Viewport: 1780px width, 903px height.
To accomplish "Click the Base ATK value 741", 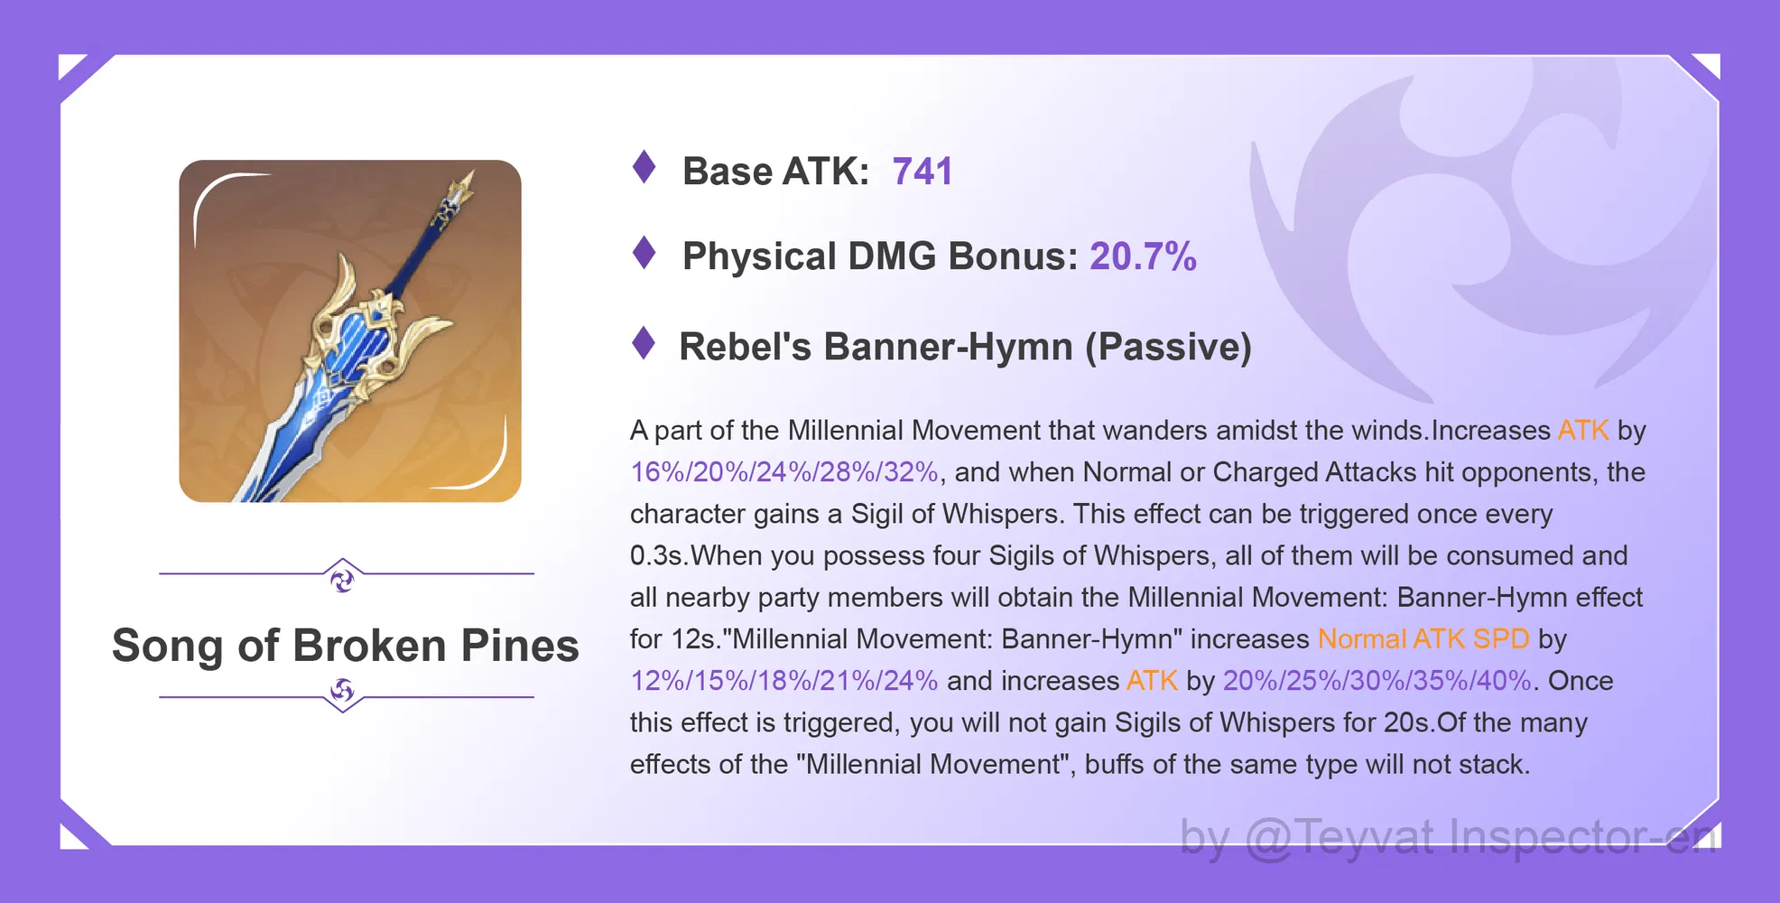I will (922, 172).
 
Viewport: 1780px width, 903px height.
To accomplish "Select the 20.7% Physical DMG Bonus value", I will (1143, 256).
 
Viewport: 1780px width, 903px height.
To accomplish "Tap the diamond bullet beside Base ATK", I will (644, 167).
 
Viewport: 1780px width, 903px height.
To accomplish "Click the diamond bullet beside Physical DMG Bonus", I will (644, 253).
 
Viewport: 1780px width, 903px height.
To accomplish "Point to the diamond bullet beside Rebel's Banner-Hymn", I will (644, 343).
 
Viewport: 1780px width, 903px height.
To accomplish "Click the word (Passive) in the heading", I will (1168, 348).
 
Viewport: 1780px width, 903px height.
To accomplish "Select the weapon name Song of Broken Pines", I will (346, 646).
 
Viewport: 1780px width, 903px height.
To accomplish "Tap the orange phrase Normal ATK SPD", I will (1423, 639).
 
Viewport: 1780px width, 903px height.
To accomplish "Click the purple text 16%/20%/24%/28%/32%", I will (783, 472).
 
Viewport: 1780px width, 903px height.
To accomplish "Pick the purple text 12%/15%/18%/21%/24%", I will (783, 681).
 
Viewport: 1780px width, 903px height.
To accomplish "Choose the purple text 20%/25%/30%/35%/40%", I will (1377, 681).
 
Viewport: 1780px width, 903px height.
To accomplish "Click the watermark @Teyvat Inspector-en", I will (1480, 838).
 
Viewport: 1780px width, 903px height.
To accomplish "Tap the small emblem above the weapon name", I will (342, 579).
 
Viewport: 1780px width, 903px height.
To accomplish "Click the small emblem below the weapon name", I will (342, 692).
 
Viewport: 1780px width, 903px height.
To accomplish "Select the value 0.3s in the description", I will (656, 555).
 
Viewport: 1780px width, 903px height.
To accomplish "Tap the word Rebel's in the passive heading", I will (745, 348).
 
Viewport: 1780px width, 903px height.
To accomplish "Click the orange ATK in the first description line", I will (1583, 431).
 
